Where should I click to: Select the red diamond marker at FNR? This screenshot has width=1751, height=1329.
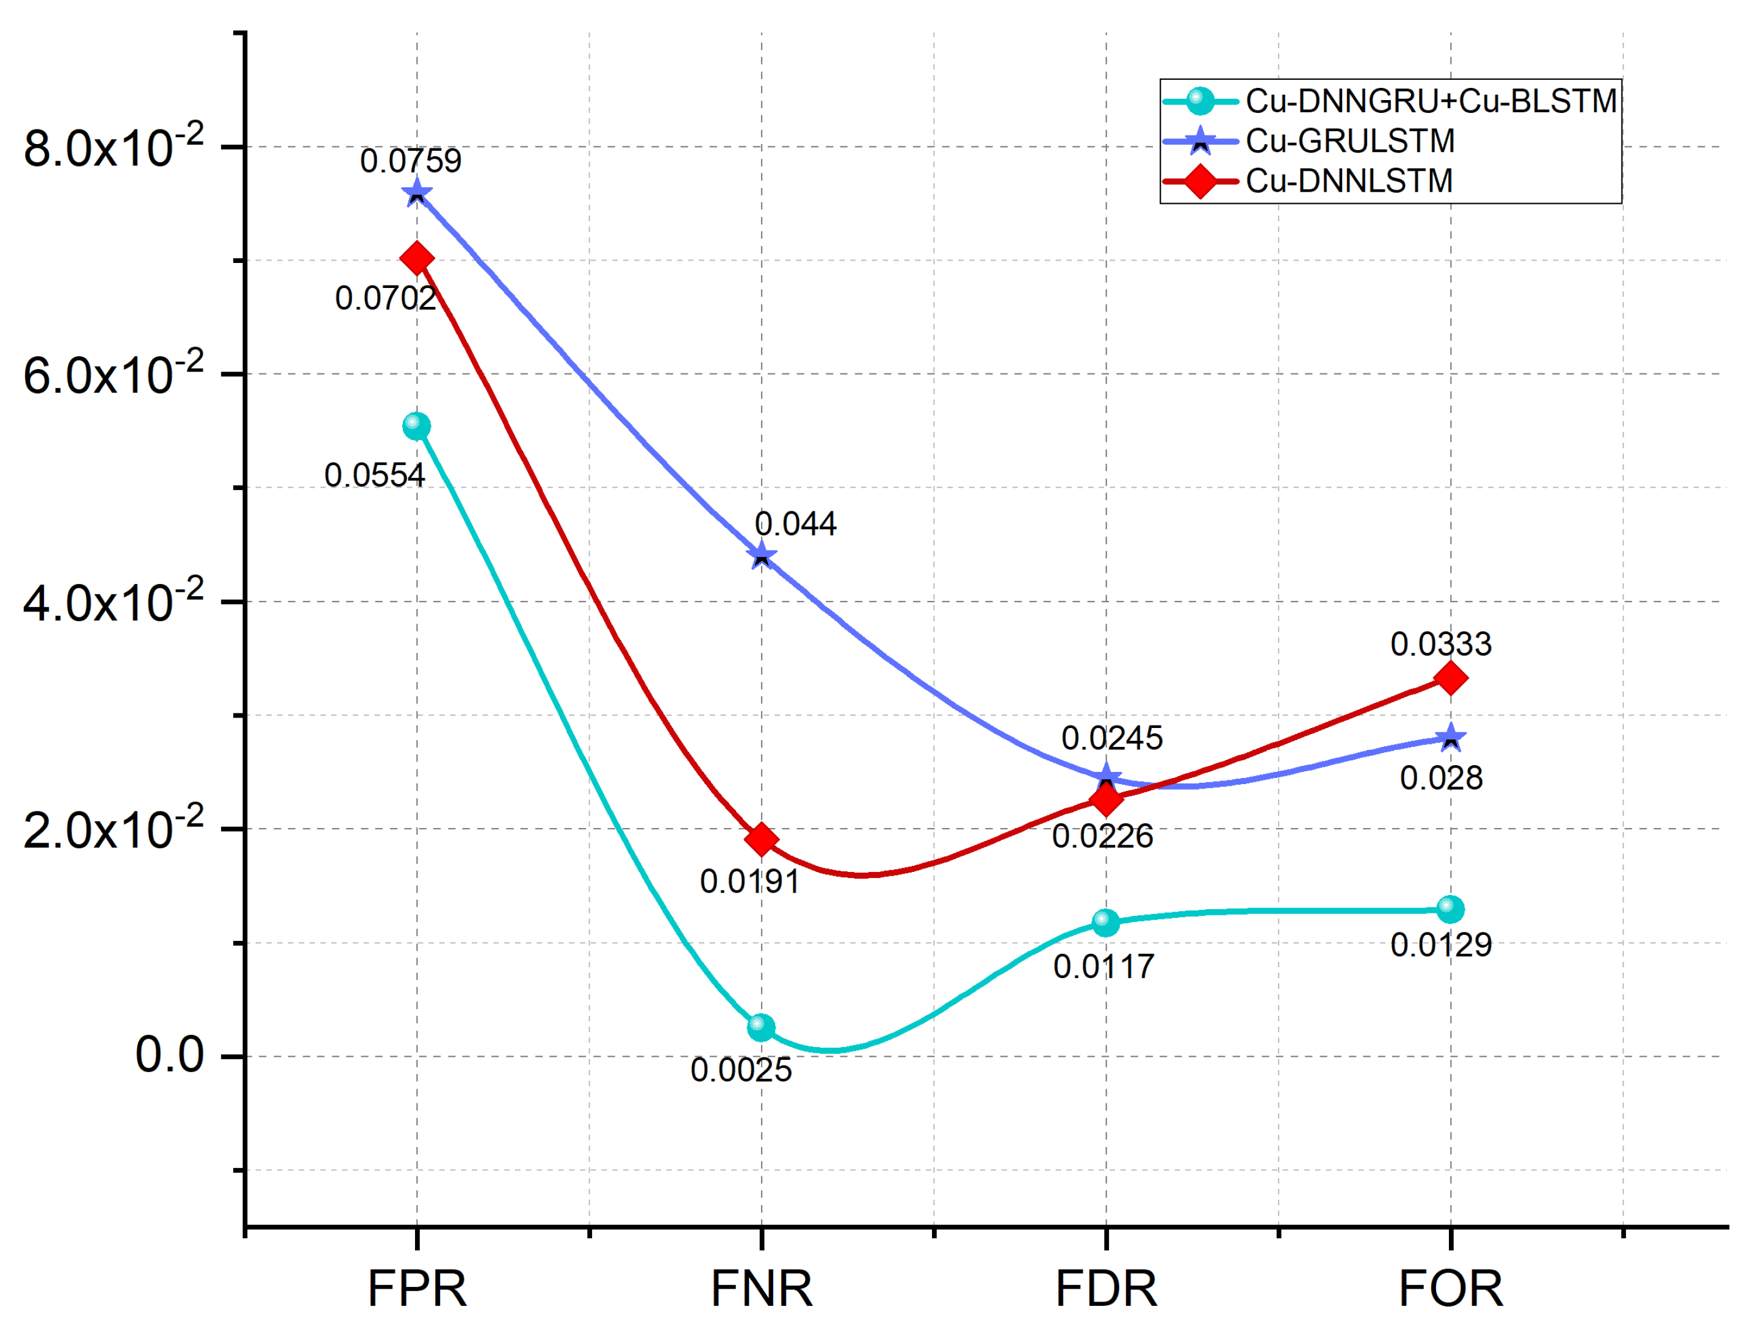[762, 839]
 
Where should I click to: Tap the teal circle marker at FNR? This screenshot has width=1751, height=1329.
[760, 1028]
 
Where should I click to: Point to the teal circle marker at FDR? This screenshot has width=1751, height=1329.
[1106, 922]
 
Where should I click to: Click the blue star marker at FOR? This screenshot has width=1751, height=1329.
[1450, 738]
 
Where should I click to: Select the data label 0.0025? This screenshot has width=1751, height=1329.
[741, 1070]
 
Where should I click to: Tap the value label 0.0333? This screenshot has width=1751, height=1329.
[1441, 644]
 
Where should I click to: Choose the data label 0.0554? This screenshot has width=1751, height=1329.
[374, 476]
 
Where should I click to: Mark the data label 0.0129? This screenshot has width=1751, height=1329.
[1441, 945]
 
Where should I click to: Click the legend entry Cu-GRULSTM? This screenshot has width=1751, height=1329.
[1349, 142]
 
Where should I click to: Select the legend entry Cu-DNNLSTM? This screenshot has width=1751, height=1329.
[1349, 181]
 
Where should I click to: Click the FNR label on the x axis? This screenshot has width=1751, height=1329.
[762, 1289]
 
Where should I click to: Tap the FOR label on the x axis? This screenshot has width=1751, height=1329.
[1450, 1289]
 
